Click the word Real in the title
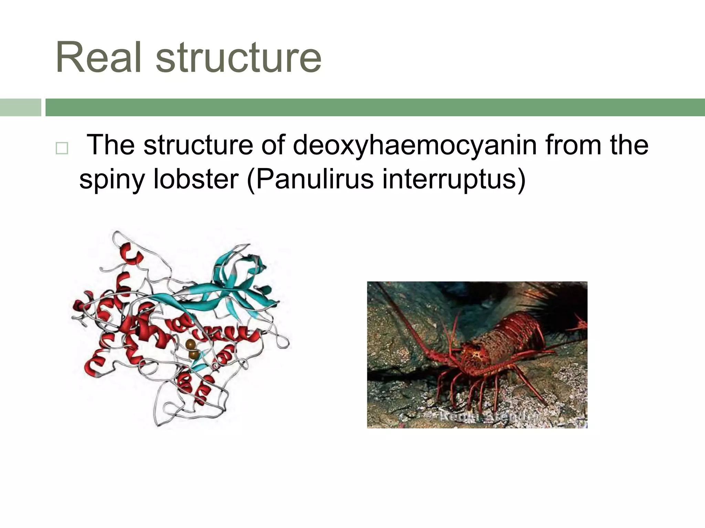pos(98,57)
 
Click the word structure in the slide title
pos(238,57)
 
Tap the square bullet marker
pos(62,148)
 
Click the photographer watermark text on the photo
pos(489,417)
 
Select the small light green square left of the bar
pos(20,107)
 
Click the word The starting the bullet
pos(110,145)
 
